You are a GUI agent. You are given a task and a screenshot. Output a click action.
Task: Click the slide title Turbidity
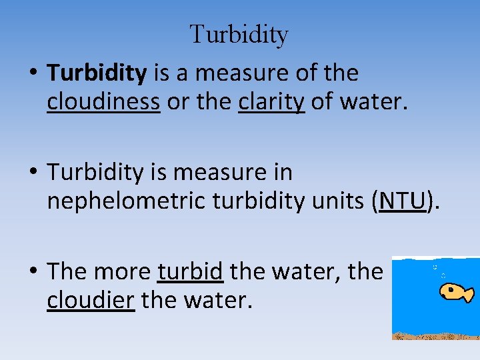point(239,35)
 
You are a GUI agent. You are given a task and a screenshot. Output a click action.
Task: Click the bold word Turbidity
point(97,73)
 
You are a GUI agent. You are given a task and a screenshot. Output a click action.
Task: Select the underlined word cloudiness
point(103,101)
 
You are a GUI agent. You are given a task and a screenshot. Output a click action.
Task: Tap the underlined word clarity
point(271,101)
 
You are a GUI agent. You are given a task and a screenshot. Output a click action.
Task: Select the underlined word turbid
point(190,271)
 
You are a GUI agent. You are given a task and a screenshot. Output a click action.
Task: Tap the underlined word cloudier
point(91,300)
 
